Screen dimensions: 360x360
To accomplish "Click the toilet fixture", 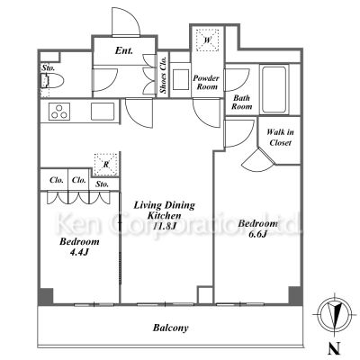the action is click(52, 80).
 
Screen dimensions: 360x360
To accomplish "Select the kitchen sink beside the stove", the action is click(103, 112).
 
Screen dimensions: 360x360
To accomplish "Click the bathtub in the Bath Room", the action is click(274, 90).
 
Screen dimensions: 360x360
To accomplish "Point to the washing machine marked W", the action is click(208, 40).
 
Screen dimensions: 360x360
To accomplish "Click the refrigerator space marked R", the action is click(105, 165).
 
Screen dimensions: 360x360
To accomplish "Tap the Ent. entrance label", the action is click(124, 50).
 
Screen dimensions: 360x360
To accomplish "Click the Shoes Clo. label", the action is click(164, 75).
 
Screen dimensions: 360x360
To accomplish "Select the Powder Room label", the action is click(206, 83).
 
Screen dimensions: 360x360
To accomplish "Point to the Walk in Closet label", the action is click(280, 138).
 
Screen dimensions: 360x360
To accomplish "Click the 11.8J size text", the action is click(164, 226).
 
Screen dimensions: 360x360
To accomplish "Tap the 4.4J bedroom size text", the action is click(79, 252).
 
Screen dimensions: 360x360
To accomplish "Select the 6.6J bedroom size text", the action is click(257, 234).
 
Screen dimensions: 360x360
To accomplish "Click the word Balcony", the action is click(171, 328).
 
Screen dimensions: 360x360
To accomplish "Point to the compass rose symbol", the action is click(333, 313).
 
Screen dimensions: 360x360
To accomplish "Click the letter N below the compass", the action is click(334, 349).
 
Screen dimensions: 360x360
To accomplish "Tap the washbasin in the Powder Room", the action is click(181, 79).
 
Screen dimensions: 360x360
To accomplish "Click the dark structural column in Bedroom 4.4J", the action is click(46, 296).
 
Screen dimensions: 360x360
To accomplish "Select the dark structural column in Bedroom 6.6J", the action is click(294, 295).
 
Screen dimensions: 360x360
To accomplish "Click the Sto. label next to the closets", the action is click(103, 184).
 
